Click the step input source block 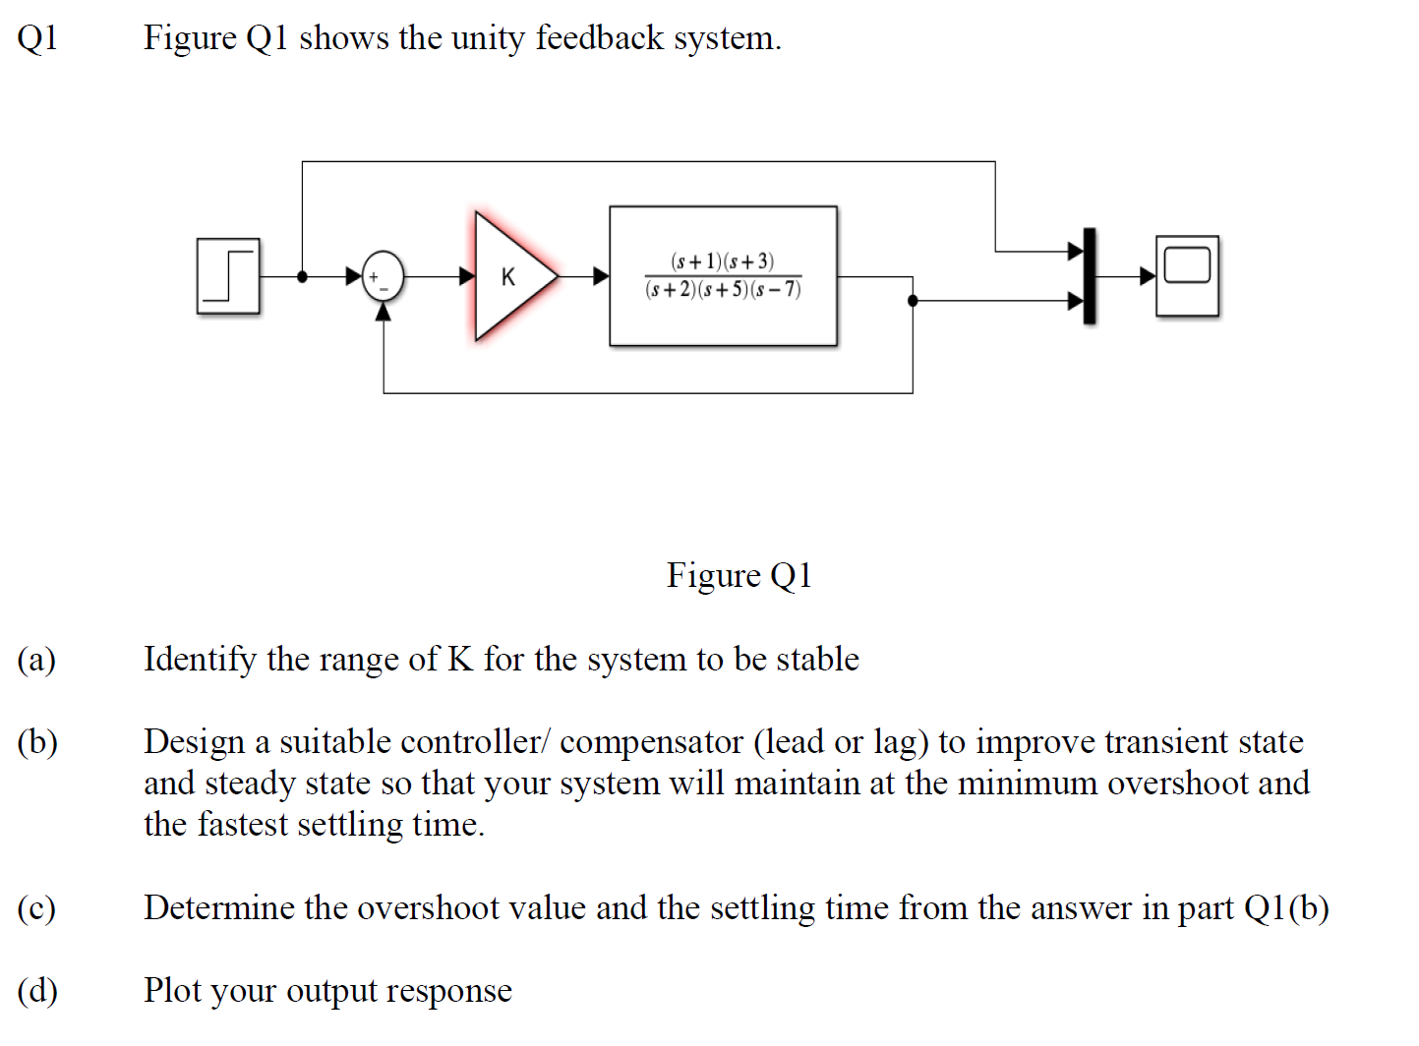228,276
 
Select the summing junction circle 383,276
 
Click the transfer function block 723,276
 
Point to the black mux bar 1090,276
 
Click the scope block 1187,276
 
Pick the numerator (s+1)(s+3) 722,261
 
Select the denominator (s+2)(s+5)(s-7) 723,290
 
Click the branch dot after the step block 302,276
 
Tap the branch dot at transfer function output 913,301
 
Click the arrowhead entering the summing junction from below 383,312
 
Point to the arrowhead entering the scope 1148,276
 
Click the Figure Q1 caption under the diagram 739,575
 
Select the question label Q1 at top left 37,38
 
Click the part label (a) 36,660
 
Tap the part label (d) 37,991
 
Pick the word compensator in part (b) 651,743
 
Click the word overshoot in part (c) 428,908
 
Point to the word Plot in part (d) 172,990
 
